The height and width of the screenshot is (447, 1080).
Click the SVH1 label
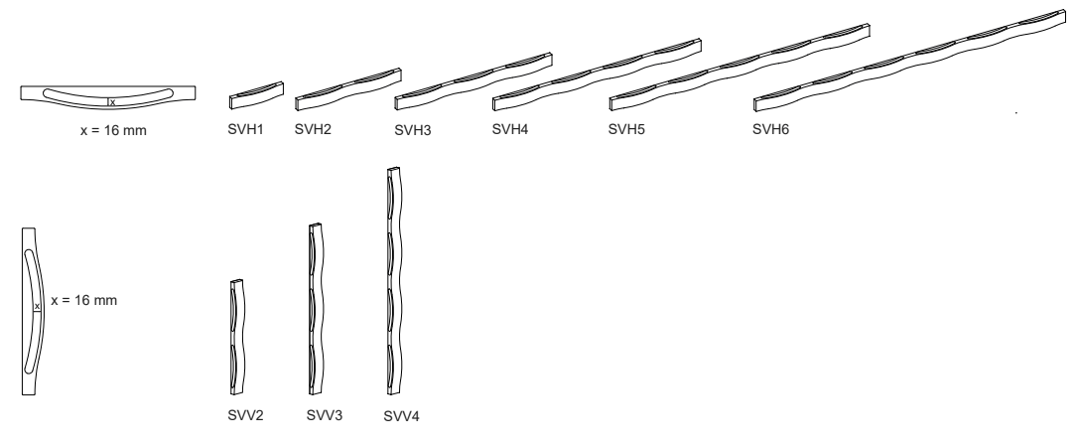pyautogui.click(x=244, y=130)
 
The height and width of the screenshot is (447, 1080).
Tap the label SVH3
pyautogui.click(x=411, y=130)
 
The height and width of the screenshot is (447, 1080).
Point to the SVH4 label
pyautogui.click(x=509, y=130)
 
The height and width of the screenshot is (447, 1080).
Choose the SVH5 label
pyautogui.click(x=625, y=130)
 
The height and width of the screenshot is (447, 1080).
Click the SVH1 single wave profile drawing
pyautogui.click(x=256, y=93)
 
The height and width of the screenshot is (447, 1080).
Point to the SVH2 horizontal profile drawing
pyautogui.click(x=348, y=84)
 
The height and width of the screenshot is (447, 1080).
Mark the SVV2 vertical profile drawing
pyautogui.click(x=236, y=338)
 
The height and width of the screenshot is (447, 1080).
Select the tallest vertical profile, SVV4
pyautogui.click(x=395, y=283)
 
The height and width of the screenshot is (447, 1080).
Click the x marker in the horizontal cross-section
pyautogui.click(x=112, y=101)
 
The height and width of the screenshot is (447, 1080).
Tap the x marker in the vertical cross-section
pyautogui.click(x=37, y=307)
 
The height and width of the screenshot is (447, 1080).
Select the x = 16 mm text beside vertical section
pyautogui.click(x=83, y=301)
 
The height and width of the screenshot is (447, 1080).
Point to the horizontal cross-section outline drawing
pyautogui.click(x=107, y=92)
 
